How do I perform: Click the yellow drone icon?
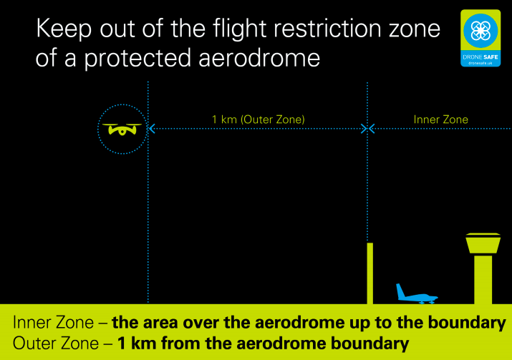[122, 130]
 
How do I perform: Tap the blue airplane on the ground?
[417, 294]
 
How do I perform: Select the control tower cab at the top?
[483, 243]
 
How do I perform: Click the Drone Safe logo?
[480, 38]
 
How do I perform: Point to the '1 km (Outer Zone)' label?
[259, 120]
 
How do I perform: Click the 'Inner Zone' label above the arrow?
[441, 120]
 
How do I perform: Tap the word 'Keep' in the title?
[64, 29]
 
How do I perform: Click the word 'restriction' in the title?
[327, 28]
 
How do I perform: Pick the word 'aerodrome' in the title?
[259, 58]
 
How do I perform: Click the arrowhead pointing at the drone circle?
[152, 129]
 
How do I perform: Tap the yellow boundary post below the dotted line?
[370, 273]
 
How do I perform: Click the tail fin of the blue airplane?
[400, 291]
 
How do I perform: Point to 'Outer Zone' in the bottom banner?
[56, 344]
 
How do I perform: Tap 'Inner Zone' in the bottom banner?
[53, 323]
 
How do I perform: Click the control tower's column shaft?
[483, 280]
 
